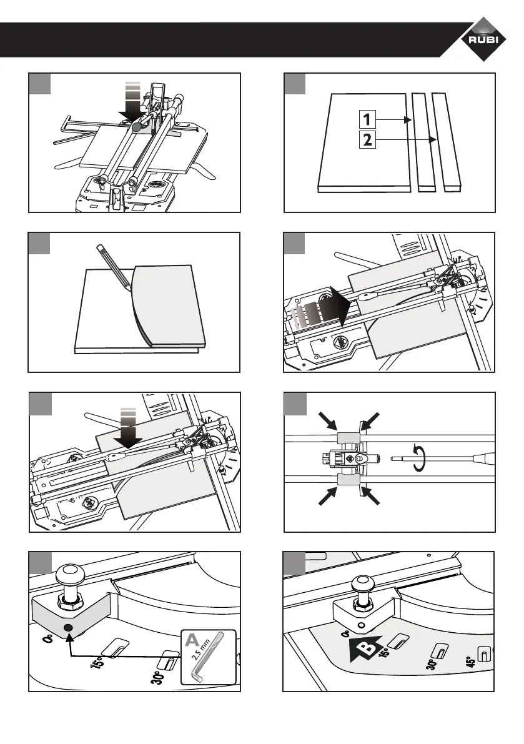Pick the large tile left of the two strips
(x=364, y=141)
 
